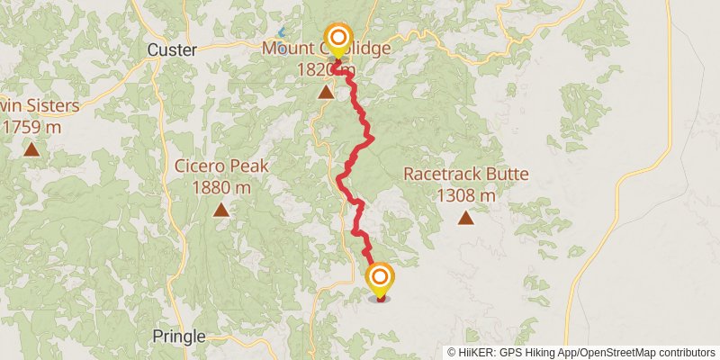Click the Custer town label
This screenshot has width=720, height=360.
pyautogui.click(x=171, y=50)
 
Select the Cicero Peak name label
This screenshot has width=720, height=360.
pyautogui.click(x=220, y=168)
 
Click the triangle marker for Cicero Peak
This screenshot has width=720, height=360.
pyautogui.click(x=220, y=211)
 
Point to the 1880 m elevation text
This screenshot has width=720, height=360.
pyautogui.click(x=220, y=188)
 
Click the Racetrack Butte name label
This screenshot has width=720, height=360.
pyautogui.click(x=465, y=175)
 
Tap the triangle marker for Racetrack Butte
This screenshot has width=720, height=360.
pyautogui.click(x=465, y=217)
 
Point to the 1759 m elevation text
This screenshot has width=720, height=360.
pyautogui.click(x=31, y=127)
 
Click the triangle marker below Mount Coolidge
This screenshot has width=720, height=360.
pyautogui.click(x=326, y=91)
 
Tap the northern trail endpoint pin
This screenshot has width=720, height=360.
pyautogui.click(x=338, y=38)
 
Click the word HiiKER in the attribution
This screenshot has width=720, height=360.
pyautogui.click(x=478, y=353)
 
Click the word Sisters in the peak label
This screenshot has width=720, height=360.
pyautogui.click(x=50, y=106)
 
